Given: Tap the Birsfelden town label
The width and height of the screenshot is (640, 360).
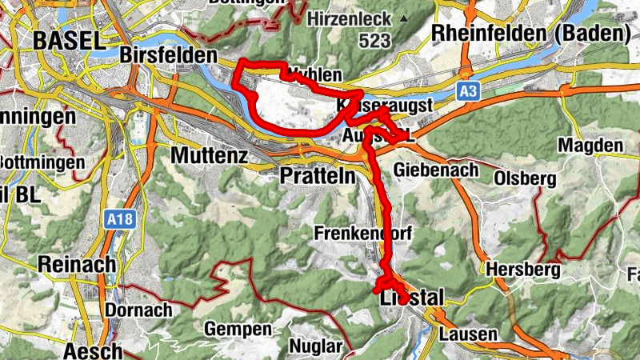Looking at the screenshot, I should (168, 55).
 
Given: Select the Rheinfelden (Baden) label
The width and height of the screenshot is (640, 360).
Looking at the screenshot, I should (527, 34).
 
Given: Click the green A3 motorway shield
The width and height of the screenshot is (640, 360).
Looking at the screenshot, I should (470, 92).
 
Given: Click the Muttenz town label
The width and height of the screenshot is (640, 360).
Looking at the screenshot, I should (210, 155).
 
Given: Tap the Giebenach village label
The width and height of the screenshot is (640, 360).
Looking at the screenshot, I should (436, 170).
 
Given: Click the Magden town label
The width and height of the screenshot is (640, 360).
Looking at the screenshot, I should (590, 146).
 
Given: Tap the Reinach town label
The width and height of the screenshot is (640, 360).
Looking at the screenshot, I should (78, 264).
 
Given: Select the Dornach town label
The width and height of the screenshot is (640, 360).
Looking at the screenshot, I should (139, 309).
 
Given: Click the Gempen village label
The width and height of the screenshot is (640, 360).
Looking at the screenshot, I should (238, 329).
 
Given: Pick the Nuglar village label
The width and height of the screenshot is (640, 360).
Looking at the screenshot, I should (314, 347).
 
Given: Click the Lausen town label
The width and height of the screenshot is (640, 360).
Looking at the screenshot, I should (469, 334).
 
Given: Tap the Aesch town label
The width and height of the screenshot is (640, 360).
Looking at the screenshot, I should (92, 350).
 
